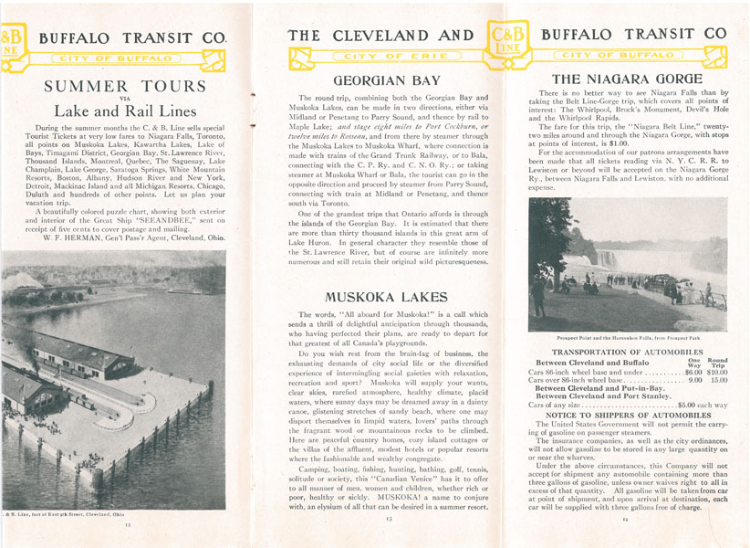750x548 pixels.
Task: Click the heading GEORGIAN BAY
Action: pos(387,80)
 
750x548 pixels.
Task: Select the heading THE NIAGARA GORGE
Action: pos(627,79)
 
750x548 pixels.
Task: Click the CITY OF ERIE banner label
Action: pos(388,57)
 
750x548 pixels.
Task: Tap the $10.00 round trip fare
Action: pos(716,373)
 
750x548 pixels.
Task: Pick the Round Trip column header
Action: pos(717,361)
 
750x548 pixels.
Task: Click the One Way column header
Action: pos(693,361)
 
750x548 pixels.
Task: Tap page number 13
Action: pos(388,518)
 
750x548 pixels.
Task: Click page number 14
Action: pos(627,520)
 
